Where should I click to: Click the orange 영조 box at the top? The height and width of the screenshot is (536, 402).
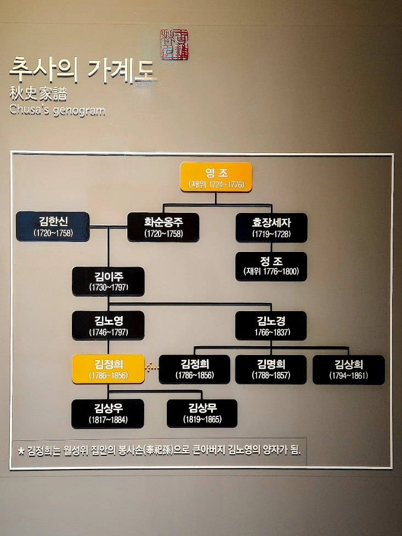pos(216,177)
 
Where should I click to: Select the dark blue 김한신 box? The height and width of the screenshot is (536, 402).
pos(53,226)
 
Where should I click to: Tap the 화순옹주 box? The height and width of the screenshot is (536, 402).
pos(163,227)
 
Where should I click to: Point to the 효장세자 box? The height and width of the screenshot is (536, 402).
pos(271,227)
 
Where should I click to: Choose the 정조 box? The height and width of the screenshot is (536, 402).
pos(271,266)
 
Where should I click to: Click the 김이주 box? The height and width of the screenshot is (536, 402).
pos(108,281)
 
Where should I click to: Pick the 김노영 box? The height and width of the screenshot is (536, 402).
pos(108,325)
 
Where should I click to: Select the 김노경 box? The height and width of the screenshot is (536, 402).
pos(271,325)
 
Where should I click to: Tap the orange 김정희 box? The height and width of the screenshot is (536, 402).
pos(108,369)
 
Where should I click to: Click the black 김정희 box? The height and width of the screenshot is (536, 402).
pos(194,369)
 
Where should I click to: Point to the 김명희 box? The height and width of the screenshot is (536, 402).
pos(271,369)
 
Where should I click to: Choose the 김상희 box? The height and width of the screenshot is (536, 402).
pos(349,369)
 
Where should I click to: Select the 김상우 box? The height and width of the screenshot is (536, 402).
pos(108,413)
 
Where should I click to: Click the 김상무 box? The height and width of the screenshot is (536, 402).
pos(202,413)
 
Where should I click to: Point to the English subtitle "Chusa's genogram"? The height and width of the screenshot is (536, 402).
pos(56,110)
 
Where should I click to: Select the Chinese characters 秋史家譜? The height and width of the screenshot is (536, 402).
pos(38,94)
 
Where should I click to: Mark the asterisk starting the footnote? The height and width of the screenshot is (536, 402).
pos(21,452)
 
